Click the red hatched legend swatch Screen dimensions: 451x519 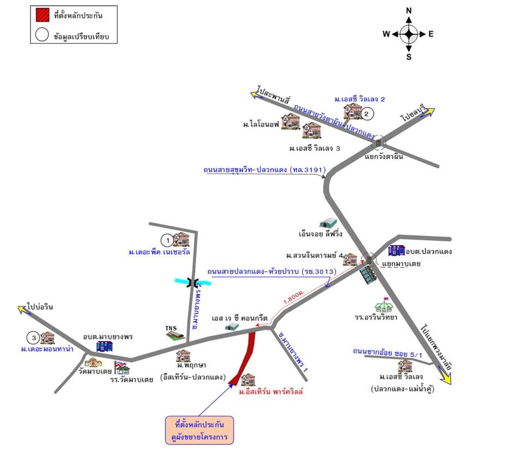pos(42,15)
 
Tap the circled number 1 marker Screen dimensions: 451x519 pos(166,239)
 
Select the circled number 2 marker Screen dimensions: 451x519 pos(367,114)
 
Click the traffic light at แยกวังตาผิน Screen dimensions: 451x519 pos(377,143)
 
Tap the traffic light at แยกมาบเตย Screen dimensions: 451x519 pos(369,260)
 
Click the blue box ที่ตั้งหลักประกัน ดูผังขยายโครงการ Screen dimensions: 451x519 pos(199,431)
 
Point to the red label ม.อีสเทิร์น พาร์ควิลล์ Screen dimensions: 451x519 pos(270,391)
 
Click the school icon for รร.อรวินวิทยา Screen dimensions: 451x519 pos(384,304)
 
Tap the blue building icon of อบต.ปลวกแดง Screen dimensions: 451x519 pos(396,251)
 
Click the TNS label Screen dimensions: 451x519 pos(171,329)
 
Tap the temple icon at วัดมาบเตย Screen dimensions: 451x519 pos(93,362)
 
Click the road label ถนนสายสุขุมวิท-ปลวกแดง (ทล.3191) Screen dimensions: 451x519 pos(264,170)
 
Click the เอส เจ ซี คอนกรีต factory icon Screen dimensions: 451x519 pos(232,326)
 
